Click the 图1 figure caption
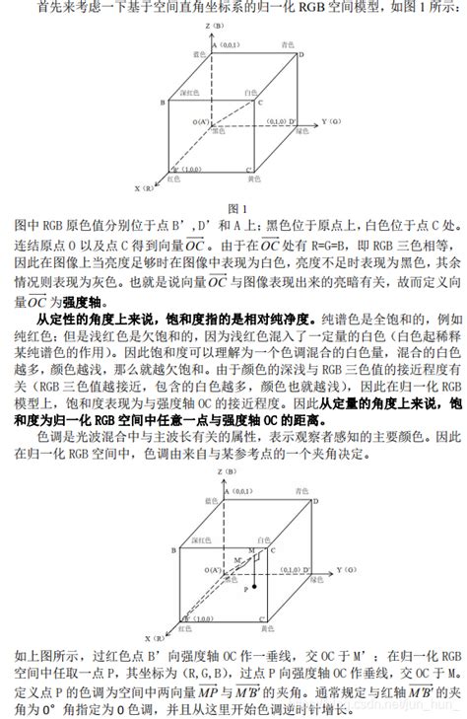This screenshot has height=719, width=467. [234, 208]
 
